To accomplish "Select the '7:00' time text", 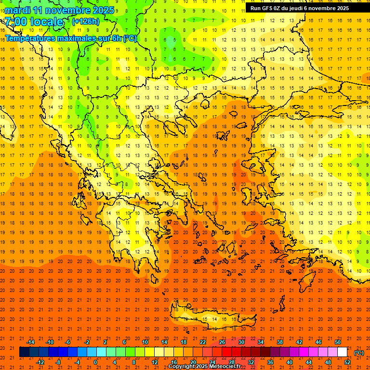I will pyautogui.click(x=15, y=22).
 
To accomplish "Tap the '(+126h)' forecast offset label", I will pyautogui.click(x=85, y=22).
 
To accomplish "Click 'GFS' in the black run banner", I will pyautogui.click(x=268, y=8).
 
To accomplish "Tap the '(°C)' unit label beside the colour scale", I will pyautogui.click(x=359, y=353).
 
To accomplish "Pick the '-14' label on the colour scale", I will pyautogui.click(x=30, y=342).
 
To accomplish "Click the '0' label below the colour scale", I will pyautogui.click(x=95, y=362).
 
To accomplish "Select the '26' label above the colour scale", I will pyautogui.click(x=222, y=342).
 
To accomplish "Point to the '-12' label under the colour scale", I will pyautogui.click(x=40, y=362).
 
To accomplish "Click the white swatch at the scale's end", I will pyautogui.click(x=342, y=352).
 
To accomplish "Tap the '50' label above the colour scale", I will pyautogui.click(x=338, y=342).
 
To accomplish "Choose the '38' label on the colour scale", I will pyautogui.click(x=280, y=342).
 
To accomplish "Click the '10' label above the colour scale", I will pyautogui.click(x=145, y=342).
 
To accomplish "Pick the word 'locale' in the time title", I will pyautogui.click(x=46, y=22).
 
